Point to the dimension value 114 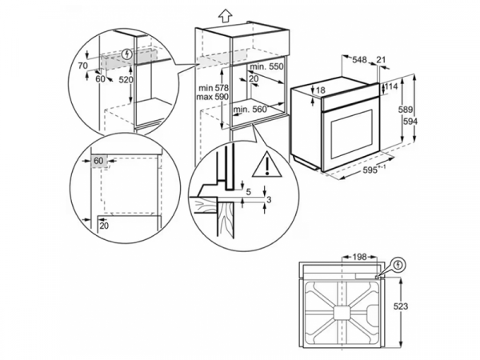point(391,86)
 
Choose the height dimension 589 point(407,110)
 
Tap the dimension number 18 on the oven point(321,90)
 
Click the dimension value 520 point(126,80)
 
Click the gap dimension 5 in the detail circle point(249,191)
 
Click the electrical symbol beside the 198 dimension point(398,264)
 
